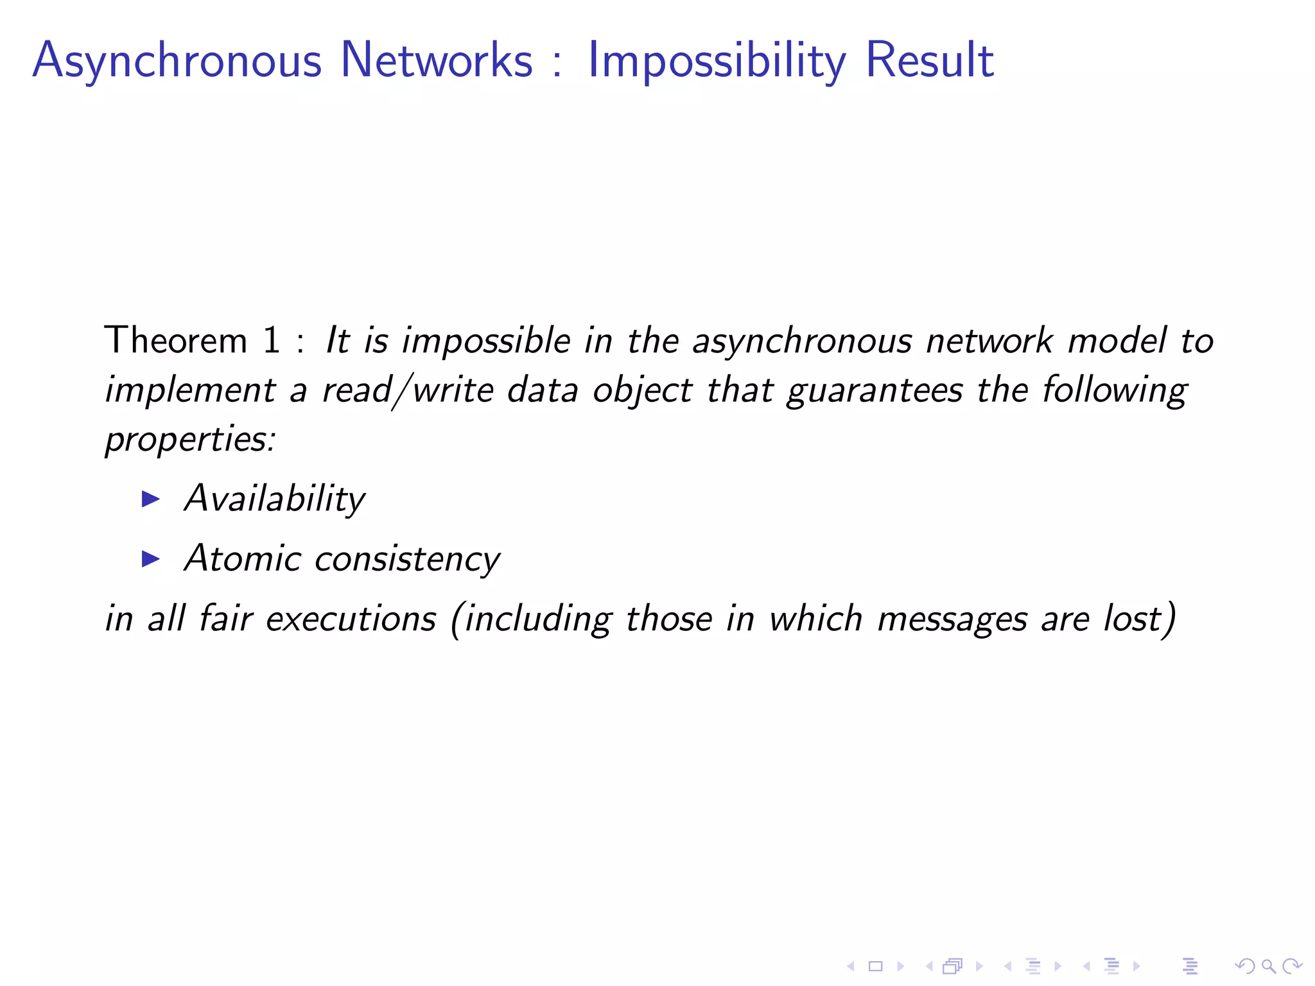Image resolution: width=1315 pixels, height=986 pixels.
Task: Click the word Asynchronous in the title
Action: click(177, 61)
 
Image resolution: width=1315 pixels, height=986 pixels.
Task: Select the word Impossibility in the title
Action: click(717, 61)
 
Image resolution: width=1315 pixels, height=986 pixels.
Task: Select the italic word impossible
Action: click(486, 341)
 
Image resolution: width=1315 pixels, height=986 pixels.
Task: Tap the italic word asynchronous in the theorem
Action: click(802, 341)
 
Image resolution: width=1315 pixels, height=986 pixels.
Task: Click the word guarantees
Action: click(875, 390)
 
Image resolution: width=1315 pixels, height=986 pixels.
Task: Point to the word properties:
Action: click(191, 440)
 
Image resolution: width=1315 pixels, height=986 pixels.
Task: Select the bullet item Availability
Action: click(275, 498)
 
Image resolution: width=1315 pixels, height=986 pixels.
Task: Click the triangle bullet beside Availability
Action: click(150, 499)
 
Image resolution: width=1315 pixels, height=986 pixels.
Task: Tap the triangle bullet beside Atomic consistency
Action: click(150, 558)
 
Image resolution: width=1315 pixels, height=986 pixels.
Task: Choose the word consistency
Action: click(407, 558)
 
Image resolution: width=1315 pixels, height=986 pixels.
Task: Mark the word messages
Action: click(952, 619)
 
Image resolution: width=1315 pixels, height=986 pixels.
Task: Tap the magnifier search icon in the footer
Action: click(1268, 965)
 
